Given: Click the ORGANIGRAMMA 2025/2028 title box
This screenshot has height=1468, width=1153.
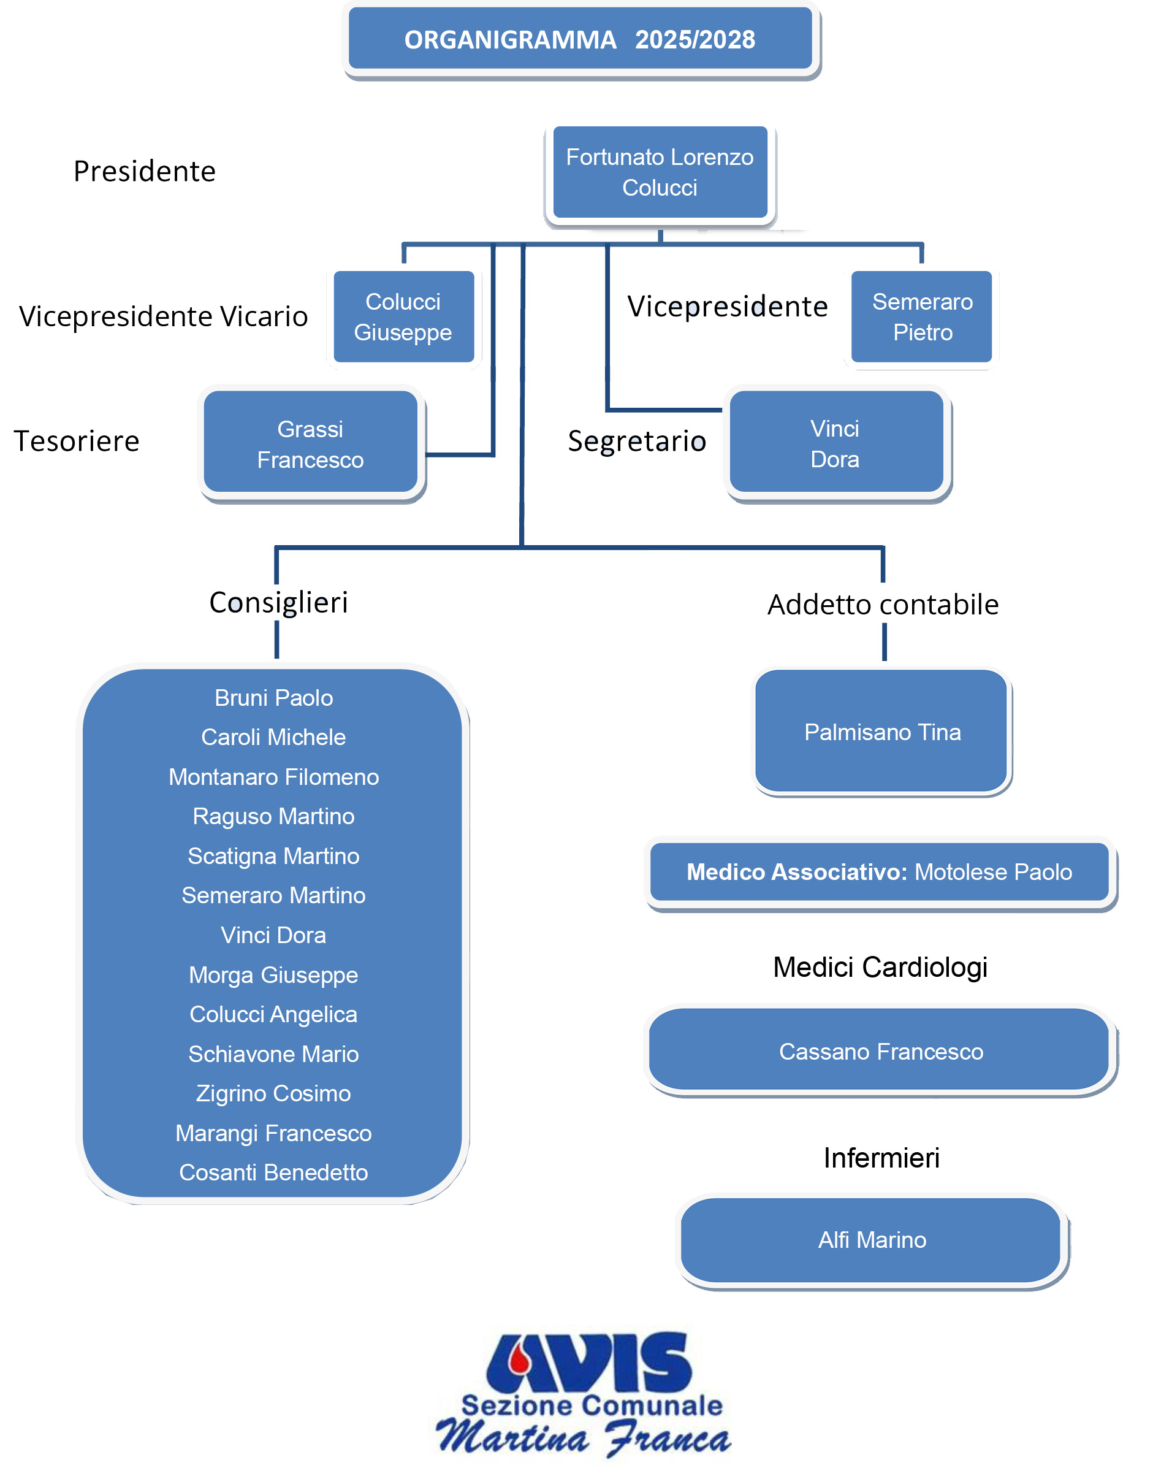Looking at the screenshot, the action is [x=580, y=39].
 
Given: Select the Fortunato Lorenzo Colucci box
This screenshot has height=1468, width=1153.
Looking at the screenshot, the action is [x=660, y=172].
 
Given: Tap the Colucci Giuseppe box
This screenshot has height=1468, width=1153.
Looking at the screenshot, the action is [x=404, y=316].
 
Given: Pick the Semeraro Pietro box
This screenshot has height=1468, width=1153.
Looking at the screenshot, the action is [x=922, y=316].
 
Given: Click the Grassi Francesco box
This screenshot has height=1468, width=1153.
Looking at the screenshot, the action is [x=311, y=442].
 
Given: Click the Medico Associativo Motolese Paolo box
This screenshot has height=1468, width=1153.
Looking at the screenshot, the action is [x=880, y=872].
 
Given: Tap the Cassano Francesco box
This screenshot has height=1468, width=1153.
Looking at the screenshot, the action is [x=880, y=1050].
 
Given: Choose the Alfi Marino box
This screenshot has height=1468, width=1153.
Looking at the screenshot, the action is [x=872, y=1240].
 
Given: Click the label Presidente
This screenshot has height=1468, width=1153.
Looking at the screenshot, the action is [x=145, y=172].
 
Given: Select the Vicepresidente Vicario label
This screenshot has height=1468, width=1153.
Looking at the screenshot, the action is [x=164, y=316].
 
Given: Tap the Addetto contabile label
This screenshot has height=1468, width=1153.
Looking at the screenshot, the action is [x=883, y=605].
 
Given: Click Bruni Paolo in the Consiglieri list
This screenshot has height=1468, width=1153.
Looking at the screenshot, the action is [x=273, y=698].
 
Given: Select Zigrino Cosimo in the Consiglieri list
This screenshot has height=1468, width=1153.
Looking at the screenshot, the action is [x=273, y=1093].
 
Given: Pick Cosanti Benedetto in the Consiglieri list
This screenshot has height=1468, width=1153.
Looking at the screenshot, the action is [x=273, y=1172].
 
